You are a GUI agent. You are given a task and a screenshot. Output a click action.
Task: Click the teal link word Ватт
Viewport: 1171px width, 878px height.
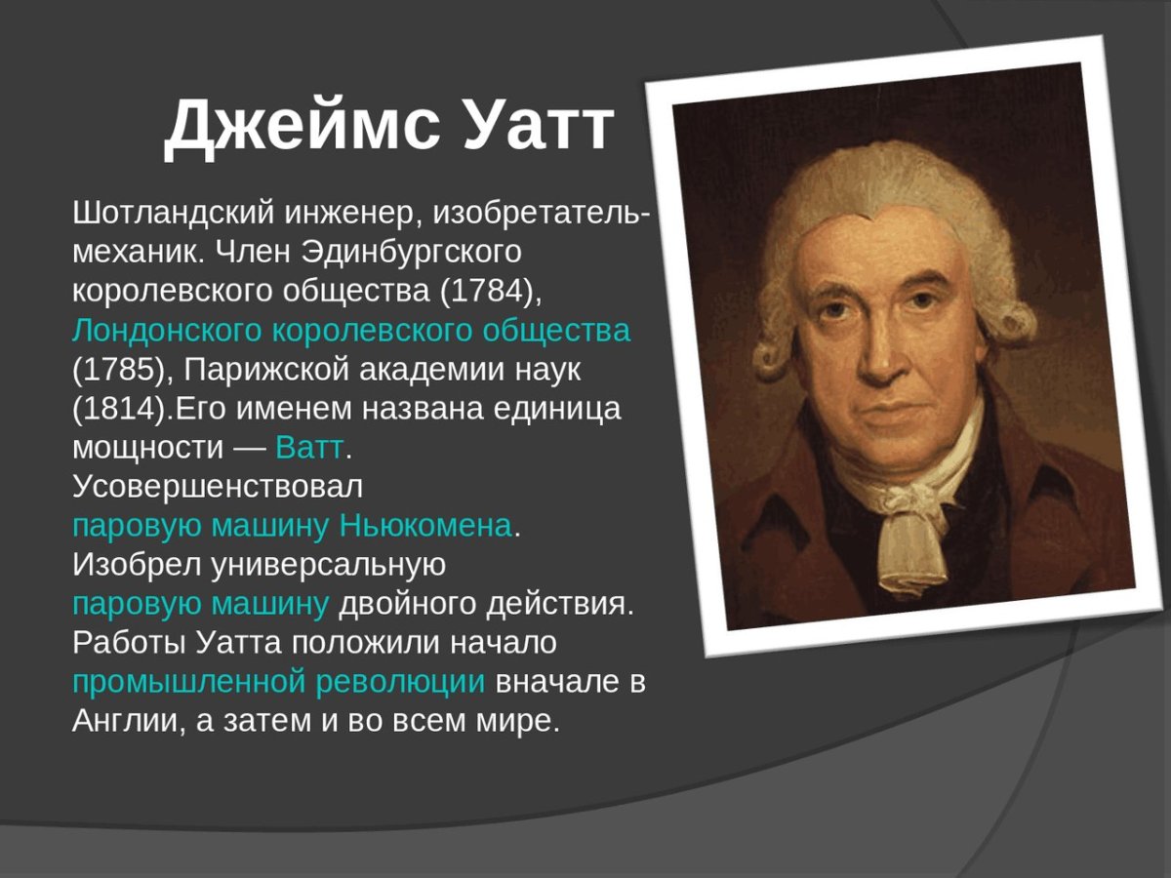(309, 449)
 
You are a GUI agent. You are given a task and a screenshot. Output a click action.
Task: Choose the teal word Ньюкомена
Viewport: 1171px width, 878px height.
(425, 527)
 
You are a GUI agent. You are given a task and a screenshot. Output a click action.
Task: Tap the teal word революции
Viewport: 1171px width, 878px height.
(400, 683)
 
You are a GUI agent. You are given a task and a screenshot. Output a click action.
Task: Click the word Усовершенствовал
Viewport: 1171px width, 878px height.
(218, 487)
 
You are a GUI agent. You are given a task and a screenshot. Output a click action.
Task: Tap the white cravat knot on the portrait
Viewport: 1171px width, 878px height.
(907, 507)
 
